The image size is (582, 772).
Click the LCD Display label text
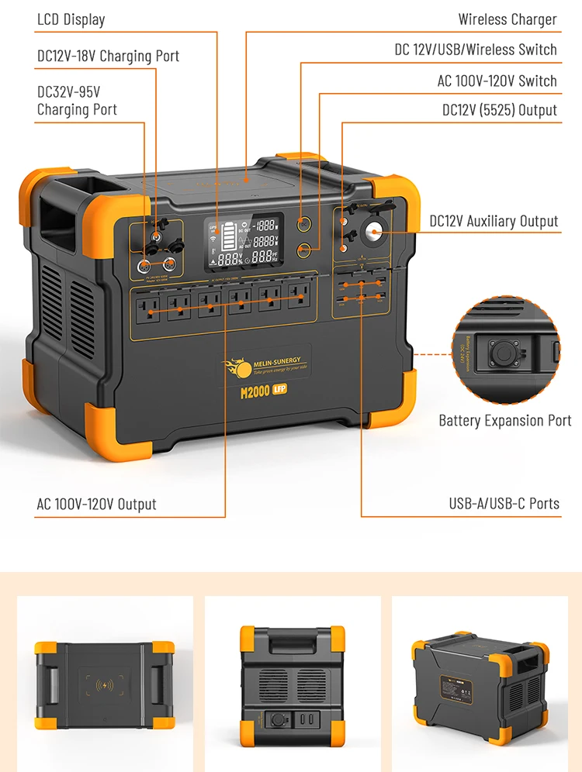click(71, 19)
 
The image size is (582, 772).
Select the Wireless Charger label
click(507, 19)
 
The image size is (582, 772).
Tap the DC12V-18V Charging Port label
click(108, 56)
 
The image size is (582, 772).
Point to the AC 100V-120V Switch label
click(497, 81)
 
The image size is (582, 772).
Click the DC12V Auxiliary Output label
click(494, 221)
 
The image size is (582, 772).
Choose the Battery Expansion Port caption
click(504, 421)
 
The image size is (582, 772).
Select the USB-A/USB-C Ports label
click(504, 504)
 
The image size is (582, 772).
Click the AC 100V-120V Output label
click(96, 504)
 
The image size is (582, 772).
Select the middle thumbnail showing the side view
click(292, 679)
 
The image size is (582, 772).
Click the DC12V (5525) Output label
click(499, 110)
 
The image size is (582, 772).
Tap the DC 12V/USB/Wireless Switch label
click(475, 50)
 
